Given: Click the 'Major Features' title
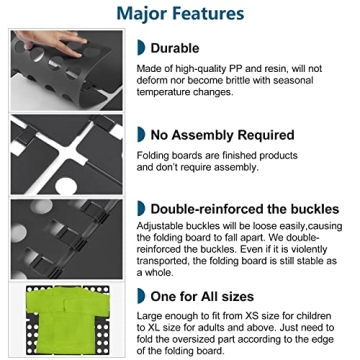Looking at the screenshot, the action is tap(180, 13).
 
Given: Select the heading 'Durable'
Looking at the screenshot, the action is tap(175, 48).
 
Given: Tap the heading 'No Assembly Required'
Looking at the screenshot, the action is tap(222, 135).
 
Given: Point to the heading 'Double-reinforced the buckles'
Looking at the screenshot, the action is tap(245, 209).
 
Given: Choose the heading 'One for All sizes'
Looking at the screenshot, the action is tap(202, 296).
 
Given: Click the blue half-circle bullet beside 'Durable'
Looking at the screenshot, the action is tap(141, 48).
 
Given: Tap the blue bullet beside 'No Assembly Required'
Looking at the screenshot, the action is tap(141, 135).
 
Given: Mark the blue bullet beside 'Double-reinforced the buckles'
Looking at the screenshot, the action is tap(141, 209).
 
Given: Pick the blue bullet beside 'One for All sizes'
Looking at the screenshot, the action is tap(141, 296).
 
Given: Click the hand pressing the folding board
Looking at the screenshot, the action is tap(53, 43).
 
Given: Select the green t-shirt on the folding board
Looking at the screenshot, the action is tap(68, 318).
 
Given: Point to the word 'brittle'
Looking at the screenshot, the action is tap(237, 80).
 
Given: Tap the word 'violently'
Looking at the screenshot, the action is tap(309, 249).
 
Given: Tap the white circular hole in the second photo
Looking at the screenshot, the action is tap(66, 187).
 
